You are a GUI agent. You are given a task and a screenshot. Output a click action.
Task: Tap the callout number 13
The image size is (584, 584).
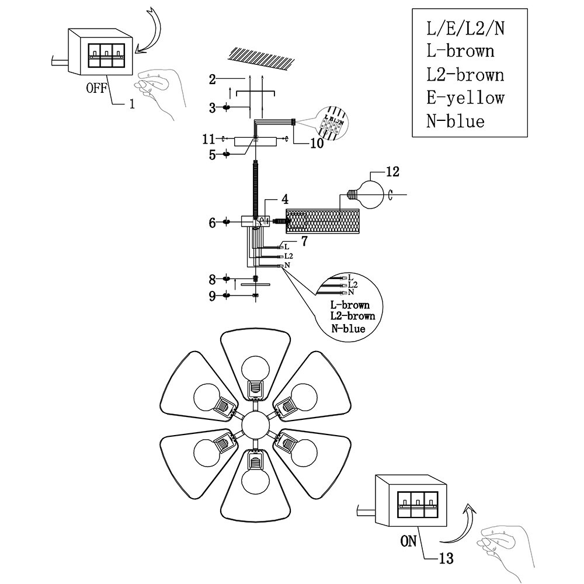[x=446, y=559]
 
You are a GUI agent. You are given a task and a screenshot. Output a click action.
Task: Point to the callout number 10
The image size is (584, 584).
[x=317, y=143]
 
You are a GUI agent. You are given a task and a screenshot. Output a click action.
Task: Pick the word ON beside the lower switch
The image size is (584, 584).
[x=409, y=541]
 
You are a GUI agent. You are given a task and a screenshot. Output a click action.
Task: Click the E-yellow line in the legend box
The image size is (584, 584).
[x=465, y=98]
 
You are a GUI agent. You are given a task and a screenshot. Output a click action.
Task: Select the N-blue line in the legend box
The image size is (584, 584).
[x=456, y=121]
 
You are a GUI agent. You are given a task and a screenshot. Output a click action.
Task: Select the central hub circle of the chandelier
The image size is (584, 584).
[x=255, y=425]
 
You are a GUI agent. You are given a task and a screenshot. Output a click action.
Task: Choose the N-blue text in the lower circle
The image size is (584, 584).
[x=348, y=329]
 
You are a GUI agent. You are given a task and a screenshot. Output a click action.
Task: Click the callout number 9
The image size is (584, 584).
[x=212, y=296]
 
